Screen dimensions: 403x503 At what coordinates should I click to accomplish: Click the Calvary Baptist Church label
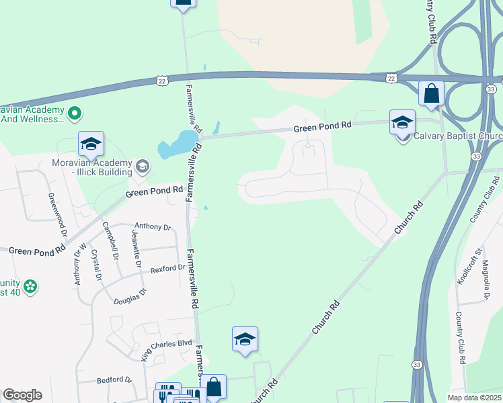tap(457, 136)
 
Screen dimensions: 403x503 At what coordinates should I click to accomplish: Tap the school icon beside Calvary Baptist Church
tap(402, 122)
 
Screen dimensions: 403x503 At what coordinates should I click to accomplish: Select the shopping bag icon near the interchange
tap(431, 93)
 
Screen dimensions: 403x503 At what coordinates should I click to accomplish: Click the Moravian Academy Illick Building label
tap(91, 167)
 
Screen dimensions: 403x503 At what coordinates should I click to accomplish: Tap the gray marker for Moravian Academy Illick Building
tap(142, 165)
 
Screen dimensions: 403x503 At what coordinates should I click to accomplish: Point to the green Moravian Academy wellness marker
tap(75, 114)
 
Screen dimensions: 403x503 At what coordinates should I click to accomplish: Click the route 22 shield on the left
tap(161, 81)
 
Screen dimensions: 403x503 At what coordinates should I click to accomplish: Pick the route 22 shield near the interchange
tap(391, 79)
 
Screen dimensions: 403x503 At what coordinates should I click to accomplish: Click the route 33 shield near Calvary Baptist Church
tap(475, 156)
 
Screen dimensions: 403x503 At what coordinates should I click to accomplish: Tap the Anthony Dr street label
tap(153, 226)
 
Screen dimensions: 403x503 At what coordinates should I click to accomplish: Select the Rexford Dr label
tap(167, 268)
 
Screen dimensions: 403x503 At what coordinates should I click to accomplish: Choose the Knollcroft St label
tap(469, 265)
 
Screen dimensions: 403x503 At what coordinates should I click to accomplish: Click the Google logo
tap(22, 395)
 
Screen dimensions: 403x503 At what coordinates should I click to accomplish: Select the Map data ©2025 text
tap(473, 398)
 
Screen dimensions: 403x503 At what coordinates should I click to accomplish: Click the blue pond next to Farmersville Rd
tap(176, 144)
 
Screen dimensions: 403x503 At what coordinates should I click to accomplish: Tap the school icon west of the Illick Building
tap(91, 143)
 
